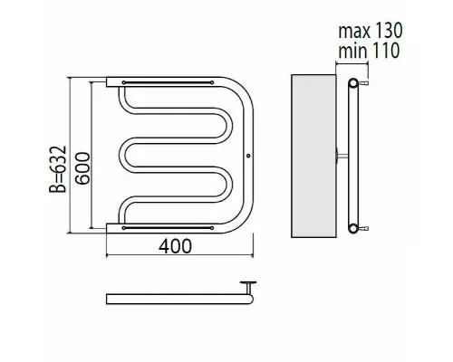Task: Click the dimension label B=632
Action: [x=57, y=169]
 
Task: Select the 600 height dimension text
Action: [x=82, y=168]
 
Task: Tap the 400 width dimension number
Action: [x=175, y=246]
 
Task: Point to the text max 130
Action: [x=371, y=31]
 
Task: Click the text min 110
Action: [x=369, y=51]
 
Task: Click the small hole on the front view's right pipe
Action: [x=248, y=156]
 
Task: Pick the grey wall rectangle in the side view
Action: [x=313, y=156]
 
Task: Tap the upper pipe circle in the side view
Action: [x=353, y=82]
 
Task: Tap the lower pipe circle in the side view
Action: [x=353, y=228]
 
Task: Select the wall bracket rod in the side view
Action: [x=342, y=156]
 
